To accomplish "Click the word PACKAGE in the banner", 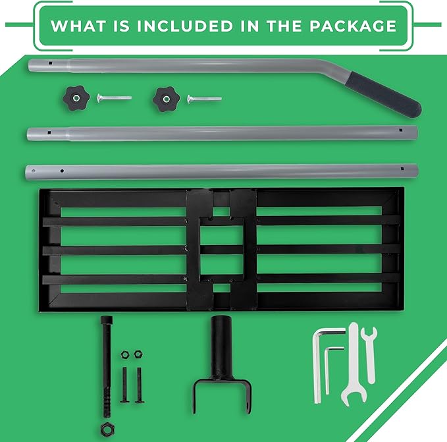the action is coord(353,26).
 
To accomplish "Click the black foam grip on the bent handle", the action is coord(383,94).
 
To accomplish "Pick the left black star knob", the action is coord(76,98).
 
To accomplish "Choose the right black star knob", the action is coord(166,99).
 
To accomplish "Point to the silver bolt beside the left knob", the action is coord(114,97).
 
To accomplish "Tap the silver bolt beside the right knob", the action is coord(204,99).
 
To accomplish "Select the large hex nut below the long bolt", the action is coord(107,429).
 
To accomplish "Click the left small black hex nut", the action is coord(125,355).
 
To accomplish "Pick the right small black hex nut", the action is coord(138,354).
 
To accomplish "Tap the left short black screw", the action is coord(125,385).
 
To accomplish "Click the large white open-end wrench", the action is coord(354,365).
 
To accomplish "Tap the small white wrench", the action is coord(370,355).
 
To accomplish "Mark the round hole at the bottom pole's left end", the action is coord(34,171).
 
